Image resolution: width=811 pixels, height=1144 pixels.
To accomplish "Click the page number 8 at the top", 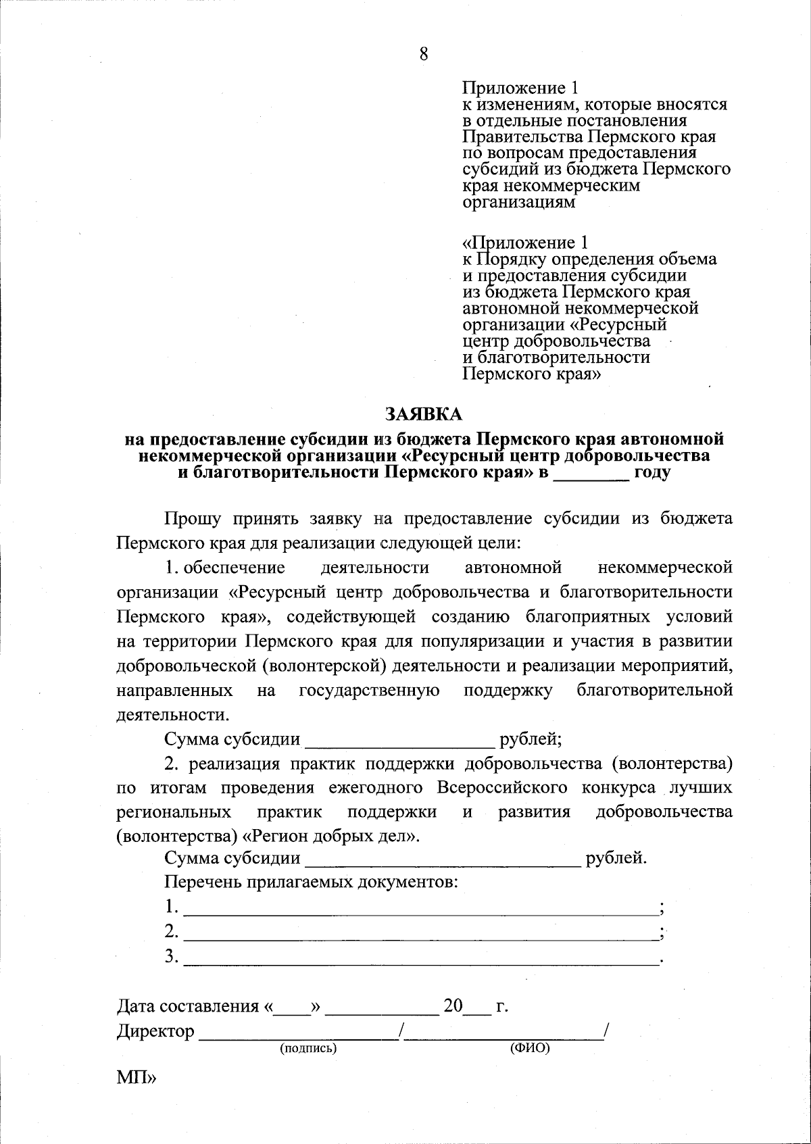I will (x=424, y=54).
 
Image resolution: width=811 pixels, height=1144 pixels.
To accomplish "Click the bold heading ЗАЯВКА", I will (x=424, y=413).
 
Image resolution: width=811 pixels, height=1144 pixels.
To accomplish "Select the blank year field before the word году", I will (x=592, y=474).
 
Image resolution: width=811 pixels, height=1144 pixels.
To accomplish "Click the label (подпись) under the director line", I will (x=308, y=1048).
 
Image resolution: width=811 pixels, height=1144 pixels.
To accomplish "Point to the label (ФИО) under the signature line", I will (x=529, y=1048).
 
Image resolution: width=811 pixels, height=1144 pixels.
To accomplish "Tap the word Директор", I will (x=155, y=1032).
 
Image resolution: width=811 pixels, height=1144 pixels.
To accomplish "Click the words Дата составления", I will (x=188, y=1007).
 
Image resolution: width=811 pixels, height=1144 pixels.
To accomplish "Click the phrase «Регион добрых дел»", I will (x=330, y=837).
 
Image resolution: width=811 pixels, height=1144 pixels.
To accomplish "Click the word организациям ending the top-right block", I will (x=519, y=202).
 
